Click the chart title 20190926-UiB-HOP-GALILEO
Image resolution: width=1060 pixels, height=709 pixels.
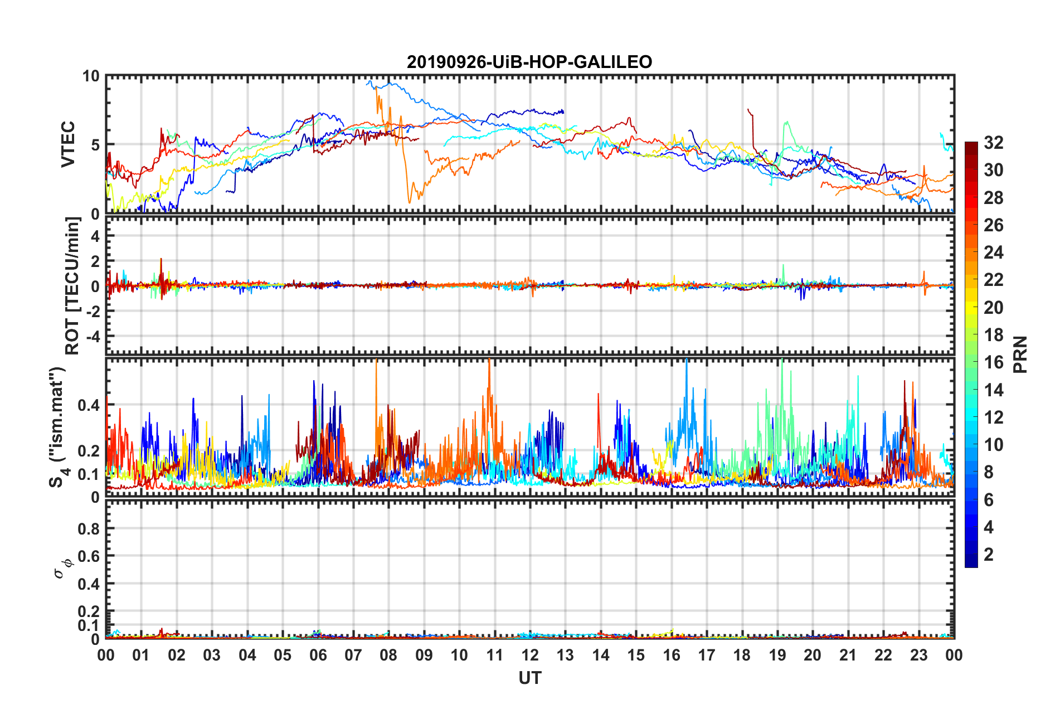[x=529, y=62]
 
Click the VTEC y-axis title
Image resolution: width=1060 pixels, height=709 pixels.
[x=68, y=144]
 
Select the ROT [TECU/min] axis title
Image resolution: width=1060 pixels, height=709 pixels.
[x=72, y=286]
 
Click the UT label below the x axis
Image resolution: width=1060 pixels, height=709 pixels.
[x=530, y=678]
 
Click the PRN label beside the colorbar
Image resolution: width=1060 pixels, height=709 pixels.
[x=1020, y=354]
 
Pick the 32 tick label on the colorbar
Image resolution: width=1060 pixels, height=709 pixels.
[x=993, y=143]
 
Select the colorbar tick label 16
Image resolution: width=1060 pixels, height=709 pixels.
[x=993, y=362]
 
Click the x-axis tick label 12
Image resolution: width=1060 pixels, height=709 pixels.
[x=530, y=655]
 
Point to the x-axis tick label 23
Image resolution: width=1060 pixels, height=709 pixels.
[x=919, y=655]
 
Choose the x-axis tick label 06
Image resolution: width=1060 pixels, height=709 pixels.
[x=318, y=655]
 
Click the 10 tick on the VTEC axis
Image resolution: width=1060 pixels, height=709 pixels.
[x=91, y=76]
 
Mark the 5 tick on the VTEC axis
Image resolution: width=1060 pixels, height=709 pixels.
[x=95, y=145]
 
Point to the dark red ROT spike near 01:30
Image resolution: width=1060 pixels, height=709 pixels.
[x=161, y=260]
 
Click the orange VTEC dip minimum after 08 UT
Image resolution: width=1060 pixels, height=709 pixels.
[x=410, y=202]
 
